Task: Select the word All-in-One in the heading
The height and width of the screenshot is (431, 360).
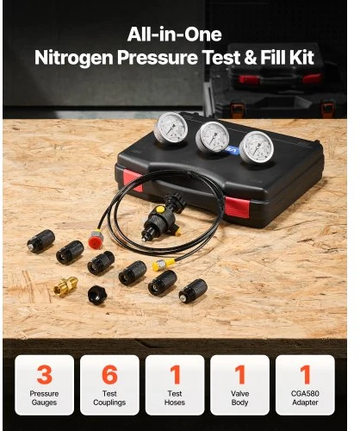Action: click(174, 34)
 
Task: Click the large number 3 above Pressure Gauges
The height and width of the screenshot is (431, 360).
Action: click(45, 374)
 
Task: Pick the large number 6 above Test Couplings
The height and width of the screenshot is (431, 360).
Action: click(109, 374)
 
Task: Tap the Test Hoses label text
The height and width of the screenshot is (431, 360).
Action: click(175, 398)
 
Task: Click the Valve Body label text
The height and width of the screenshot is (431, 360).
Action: click(239, 398)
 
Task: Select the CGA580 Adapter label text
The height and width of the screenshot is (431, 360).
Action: click(305, 398)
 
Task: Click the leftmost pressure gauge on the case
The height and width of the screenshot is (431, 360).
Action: click(171, 128)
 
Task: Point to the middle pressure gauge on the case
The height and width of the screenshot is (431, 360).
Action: click(213, 137)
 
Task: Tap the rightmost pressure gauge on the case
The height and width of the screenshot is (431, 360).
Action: click(257, 147)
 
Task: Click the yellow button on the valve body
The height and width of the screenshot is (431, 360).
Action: click(160, 209)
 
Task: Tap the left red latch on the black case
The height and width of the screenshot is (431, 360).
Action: click(133, 180)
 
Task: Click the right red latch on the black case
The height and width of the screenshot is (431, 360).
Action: click(237, 207)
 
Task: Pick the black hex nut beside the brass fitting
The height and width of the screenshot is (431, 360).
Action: click(97, 295)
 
